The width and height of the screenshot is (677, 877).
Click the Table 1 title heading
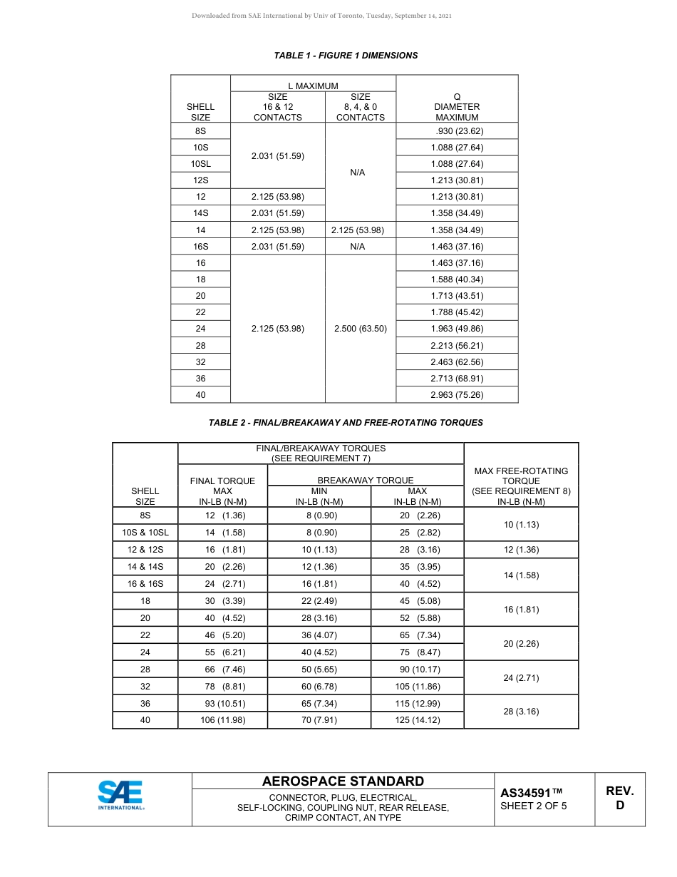(x=346, y=56)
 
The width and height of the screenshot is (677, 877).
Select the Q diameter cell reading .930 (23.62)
(x=457, y=131)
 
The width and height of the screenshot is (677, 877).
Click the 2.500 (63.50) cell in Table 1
(x=360, y=329)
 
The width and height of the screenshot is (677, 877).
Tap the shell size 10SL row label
(x=200, y=164)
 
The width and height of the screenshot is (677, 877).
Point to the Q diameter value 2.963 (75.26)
(x=457, y=395)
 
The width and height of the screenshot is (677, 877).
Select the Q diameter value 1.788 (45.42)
(x=457, y=312)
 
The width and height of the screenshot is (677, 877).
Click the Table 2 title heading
(x=346, y=423)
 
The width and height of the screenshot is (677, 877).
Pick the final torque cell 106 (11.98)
(x=222, y=720)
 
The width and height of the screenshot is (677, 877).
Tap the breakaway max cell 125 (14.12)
(x=417, y=720)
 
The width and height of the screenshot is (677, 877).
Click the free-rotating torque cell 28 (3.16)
(x=521, y=712)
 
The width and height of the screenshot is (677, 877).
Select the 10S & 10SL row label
(x=145, y=533)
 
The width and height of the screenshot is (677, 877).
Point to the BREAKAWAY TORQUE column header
(x=365, y=481)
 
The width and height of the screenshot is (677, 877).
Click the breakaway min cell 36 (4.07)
(x=319, y=635)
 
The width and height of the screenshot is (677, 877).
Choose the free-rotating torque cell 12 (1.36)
(x=521, y=550)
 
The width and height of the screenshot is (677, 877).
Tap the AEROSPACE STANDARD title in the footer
(x=343, y=781)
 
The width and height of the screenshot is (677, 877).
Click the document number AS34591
(x=531, y=793)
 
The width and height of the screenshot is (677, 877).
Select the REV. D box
(x=619, y=798)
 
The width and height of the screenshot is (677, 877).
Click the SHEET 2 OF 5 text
(x=533, y=807)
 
